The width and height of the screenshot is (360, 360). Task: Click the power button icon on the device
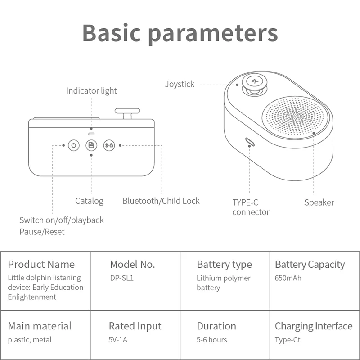pyautogui.click(x=73, y=145)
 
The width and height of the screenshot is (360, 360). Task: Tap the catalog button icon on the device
pyautogui.click(x=91, y=145)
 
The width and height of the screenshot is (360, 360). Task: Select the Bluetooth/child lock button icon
pyautogui.click(x=109, y=145)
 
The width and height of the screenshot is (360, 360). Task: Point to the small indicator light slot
pyautogui.click(x=91, y=134)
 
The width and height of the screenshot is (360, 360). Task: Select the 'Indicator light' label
pyautogui.click(x=91, y=91)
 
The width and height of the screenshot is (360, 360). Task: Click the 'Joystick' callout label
pyautogui.click(x=180, y=84)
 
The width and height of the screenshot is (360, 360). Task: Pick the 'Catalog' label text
pyautogui.click(x=89, y=201)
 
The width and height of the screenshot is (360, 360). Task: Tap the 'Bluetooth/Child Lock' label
pyautogui.click(x=161, y=201)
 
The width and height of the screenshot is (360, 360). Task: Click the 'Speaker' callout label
pyautogui.click(x=319, y=202)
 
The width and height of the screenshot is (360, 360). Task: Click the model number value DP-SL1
pyautogui.click(x=121, y=278)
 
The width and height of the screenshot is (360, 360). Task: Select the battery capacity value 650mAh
pyautogui.click(x=288, y=278)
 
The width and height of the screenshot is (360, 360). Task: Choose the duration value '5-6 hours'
pyautogui.click(x=211, y=340)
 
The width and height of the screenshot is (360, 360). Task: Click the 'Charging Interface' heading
pyautogui.click(x=314, y=326)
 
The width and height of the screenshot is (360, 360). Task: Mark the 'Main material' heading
pyautogui.click(x=40, y=326)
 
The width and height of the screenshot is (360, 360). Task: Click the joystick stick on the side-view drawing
pyautogui.click(x=128, y=113)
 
